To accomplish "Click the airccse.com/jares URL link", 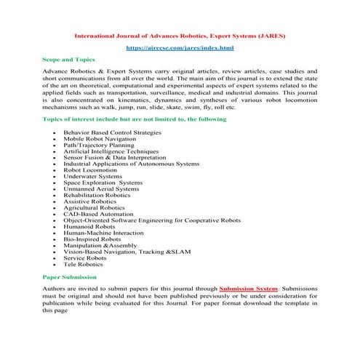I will point(180,47).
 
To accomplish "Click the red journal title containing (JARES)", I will point(180,33).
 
